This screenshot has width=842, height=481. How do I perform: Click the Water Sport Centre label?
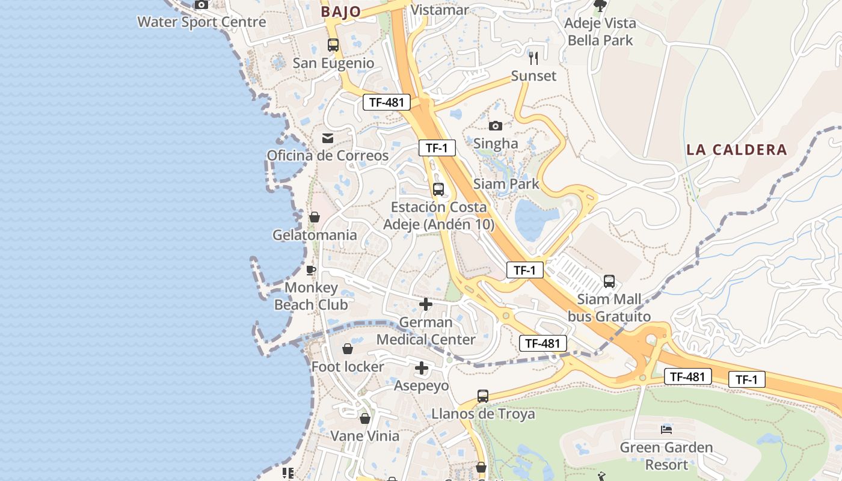[x=201, y=22]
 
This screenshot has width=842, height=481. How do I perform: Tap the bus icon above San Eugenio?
[x=333, y=44]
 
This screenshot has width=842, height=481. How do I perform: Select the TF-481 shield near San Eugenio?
[x=386, y=102]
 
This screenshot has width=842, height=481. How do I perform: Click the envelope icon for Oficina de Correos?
[x=328, y=138]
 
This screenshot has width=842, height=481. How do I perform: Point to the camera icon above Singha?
[x=496, y=126]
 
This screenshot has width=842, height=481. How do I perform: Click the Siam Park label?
[x=506, y=184]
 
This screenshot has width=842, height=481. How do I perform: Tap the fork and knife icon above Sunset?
[x=533, y=58]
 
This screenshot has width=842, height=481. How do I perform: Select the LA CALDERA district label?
[x=737, y=150]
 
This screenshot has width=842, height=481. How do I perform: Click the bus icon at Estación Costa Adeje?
[x=438, y=189]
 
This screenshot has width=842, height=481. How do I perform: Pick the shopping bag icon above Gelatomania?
[x=315, y=217]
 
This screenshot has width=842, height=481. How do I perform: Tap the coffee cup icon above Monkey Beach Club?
[x=311, y=270]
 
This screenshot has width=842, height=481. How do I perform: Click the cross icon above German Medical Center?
[x=426, y=304]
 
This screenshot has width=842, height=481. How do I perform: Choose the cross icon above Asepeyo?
[x=422, y=368]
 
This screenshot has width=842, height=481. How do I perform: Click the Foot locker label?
[x=348, y=367]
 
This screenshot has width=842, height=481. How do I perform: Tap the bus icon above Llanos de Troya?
[x=483, y=396]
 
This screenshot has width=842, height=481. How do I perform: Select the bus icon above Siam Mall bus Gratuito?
[x=609, y=281]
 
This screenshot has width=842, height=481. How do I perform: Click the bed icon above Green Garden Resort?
[x=666, y=429]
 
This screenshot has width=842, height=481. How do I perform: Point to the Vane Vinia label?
[x=365, y=436]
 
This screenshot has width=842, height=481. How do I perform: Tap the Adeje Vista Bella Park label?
[x=600, y=32]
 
